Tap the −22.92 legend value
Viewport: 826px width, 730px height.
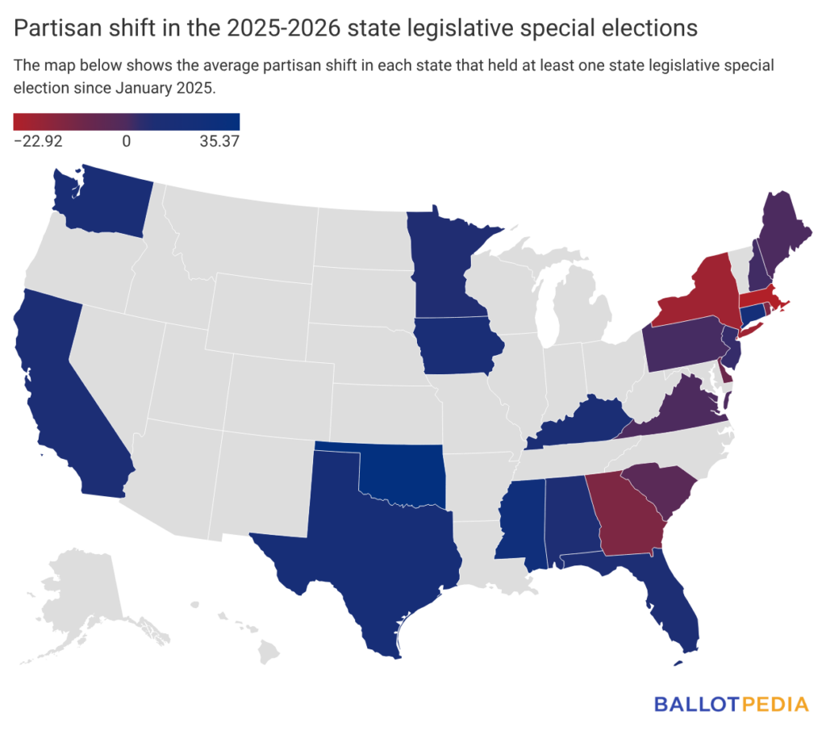[x=39, y=141]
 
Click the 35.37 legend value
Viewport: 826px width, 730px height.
[x=219, y=141]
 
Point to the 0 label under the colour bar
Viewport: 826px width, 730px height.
[x=127, y=141]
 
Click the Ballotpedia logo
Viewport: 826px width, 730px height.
[x=731, y=703]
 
